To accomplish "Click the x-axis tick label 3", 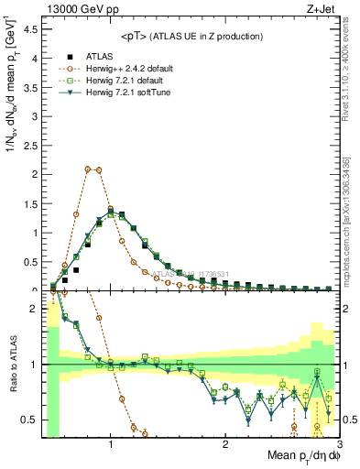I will tap(340, 443).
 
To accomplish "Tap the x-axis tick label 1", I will tap(111, 443).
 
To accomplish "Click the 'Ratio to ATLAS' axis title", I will tap(12, 365).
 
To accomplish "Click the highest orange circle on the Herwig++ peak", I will tap(87, 169).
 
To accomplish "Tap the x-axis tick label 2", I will tap(225, 443).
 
